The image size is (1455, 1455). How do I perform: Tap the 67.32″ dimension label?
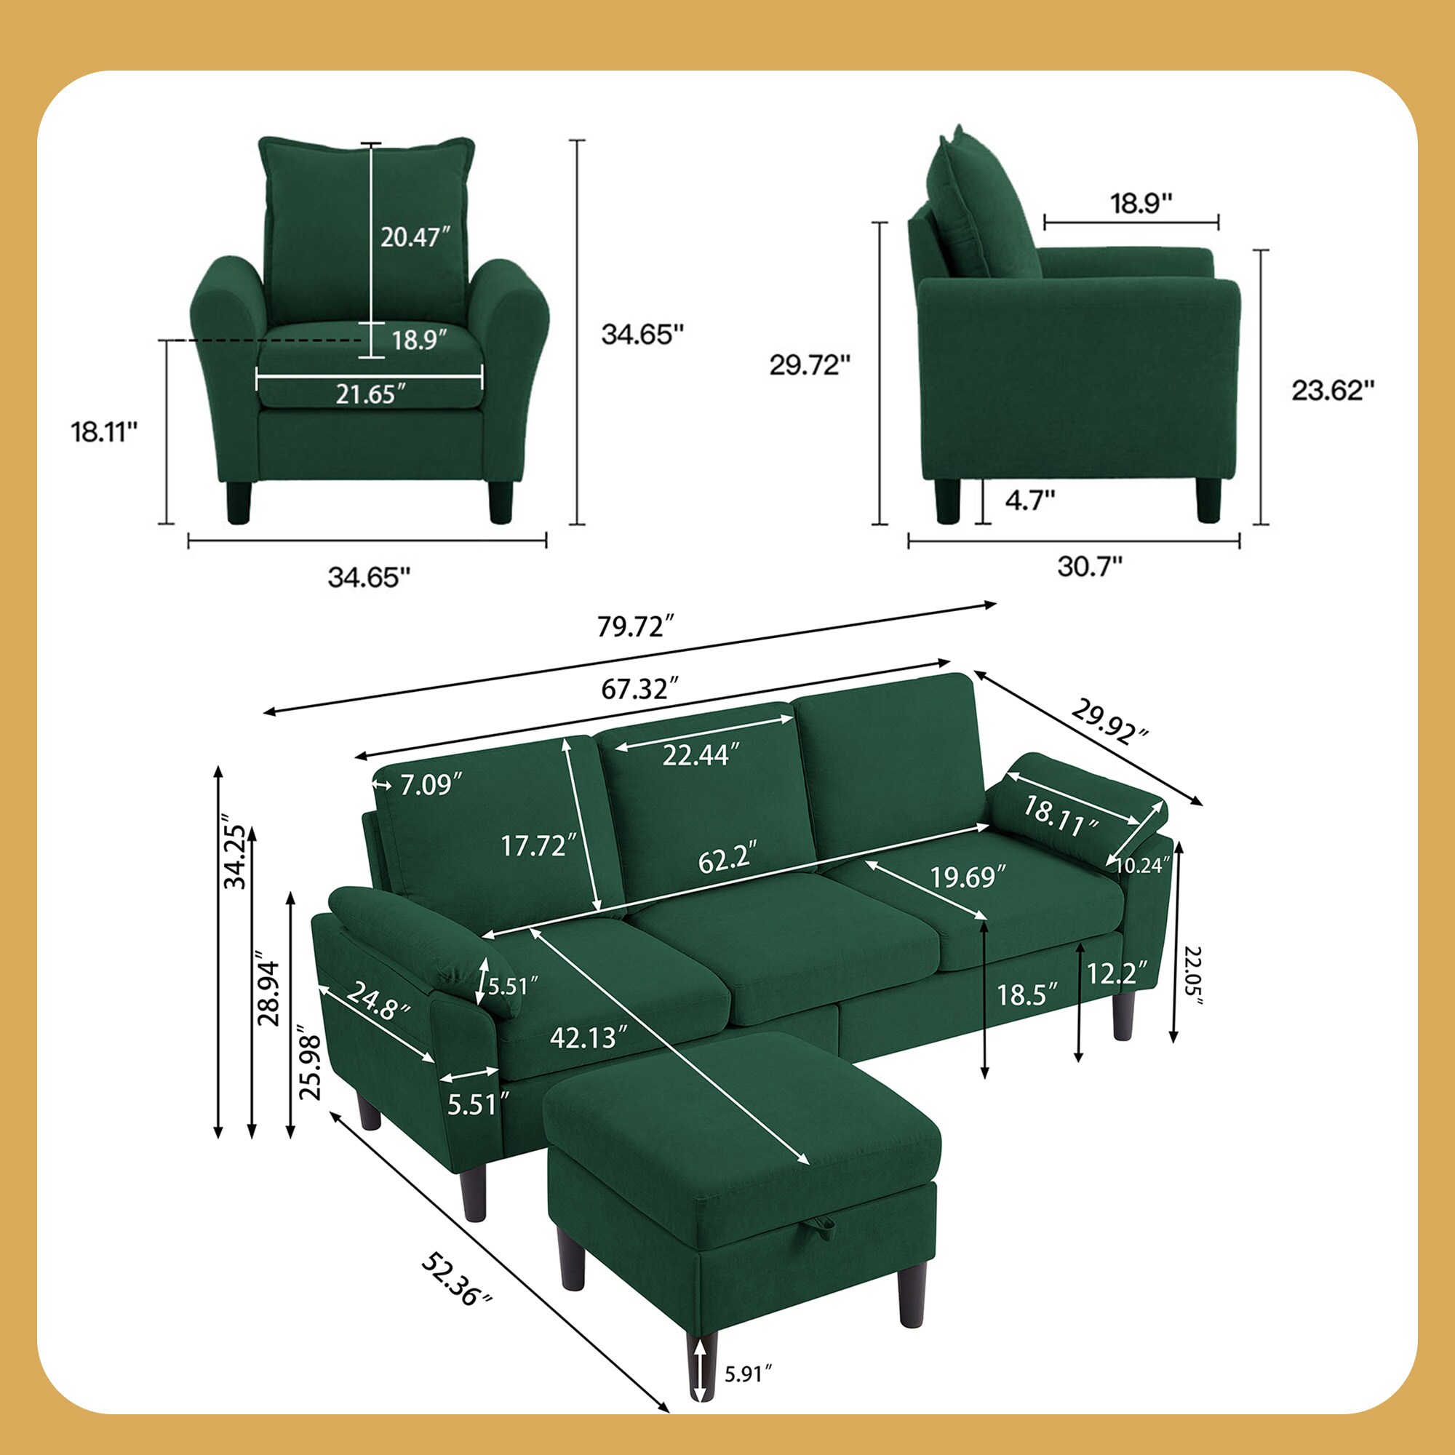click(640, 688)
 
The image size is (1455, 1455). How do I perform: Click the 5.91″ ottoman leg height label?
click(749, 1374)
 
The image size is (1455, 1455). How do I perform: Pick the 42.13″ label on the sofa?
click(588, 1038)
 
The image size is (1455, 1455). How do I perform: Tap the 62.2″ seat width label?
click(727, 860)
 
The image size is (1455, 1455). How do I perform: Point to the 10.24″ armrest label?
click(1142, 865)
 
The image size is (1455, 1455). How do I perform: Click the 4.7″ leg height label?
click(1029, 499)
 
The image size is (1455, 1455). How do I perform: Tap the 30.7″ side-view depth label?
click(1090, 565)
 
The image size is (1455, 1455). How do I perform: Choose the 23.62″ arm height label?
click(1333, 390)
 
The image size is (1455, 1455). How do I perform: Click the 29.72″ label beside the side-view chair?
click(810, 365)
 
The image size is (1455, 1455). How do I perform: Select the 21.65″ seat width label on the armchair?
click(370, 393)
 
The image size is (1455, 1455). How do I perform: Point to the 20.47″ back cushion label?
click(414, 237)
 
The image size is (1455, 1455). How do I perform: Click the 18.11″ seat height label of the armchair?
click(105, 432)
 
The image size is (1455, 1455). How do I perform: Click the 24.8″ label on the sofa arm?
click(378, 1002)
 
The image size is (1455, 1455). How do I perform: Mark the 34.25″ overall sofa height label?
click(235, 857)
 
